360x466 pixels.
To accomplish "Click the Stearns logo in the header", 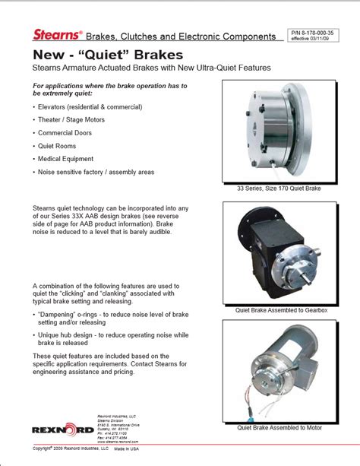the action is click(56, 35).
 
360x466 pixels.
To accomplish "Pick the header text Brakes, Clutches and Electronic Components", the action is click(179, 36).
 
